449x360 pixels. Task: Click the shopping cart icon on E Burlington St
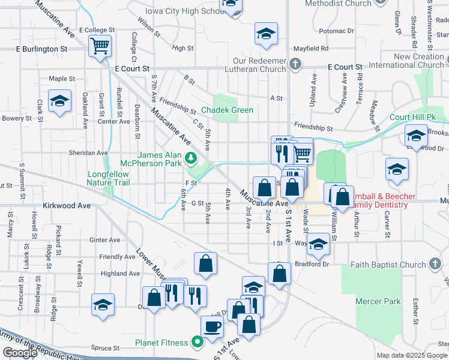tap(100, 46)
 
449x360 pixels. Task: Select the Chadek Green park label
tap(227, 110)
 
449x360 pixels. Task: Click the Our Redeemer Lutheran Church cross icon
tap(295, 64)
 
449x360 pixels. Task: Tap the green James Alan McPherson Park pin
tap(190, 158)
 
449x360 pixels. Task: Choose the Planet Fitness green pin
tap(196, 343)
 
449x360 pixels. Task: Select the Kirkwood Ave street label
tap(67, 205)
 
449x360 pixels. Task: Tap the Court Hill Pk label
tap(408, 117)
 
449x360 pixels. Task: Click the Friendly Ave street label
tap(118, 257)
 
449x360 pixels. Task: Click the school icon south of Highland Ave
tap(103, 304)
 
